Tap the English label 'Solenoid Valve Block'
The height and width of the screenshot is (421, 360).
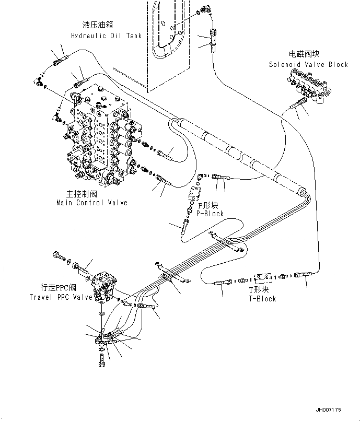(308, 65)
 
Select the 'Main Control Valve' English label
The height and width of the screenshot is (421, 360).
(91, 203)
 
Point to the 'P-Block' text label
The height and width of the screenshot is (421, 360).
(210, 214)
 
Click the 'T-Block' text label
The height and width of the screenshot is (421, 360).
(262, 298)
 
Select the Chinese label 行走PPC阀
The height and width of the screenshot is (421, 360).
(59, 288)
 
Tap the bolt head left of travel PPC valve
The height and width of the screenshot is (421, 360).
(56, 256)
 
